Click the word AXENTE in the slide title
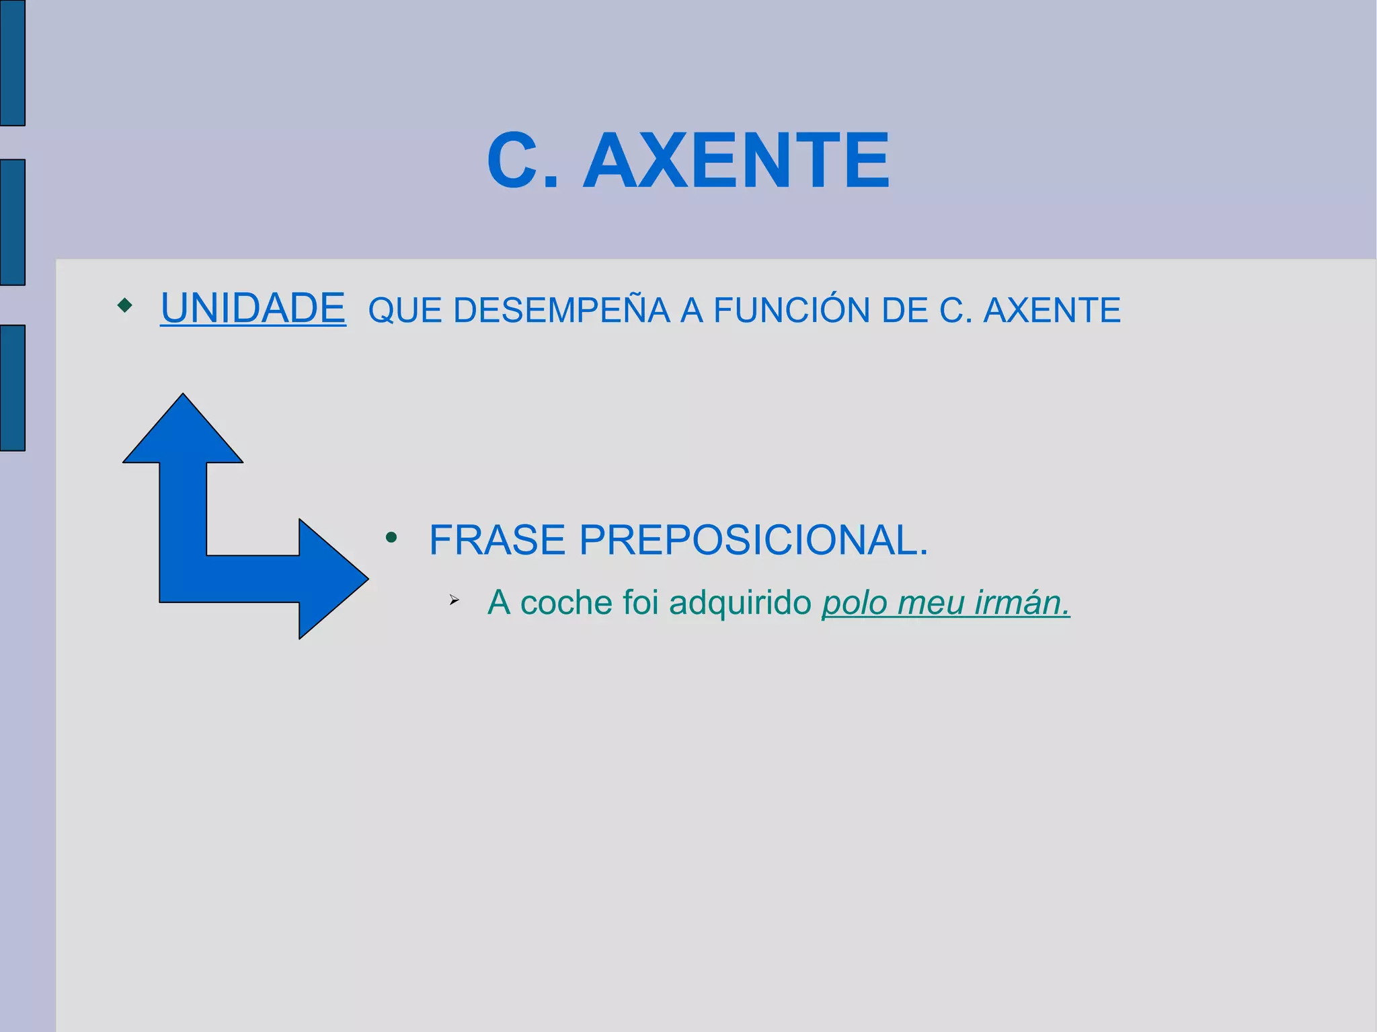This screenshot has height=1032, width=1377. click(736, 161)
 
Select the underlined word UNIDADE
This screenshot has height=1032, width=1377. click(253, 309)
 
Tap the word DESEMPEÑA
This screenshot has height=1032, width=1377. click(561, 311)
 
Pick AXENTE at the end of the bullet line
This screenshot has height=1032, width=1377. click(1052, 311)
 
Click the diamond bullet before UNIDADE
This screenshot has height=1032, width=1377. click(124, 306)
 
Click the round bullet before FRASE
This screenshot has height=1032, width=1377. click(391, 538)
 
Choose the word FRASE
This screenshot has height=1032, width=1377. click(497, 540)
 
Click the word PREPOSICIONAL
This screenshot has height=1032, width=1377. click(753, 540)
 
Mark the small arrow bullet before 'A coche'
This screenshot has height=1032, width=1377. click(454, 600)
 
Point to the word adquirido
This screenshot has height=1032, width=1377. click(740, 602)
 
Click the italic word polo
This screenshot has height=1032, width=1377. click(854, 603)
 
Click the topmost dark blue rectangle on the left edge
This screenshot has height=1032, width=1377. click(12, 62)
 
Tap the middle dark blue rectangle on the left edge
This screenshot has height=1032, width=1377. click(12, 222)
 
